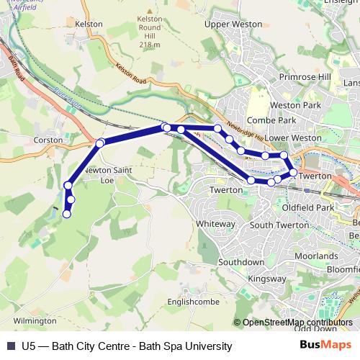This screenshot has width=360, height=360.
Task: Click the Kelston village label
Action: (x=89, y=24)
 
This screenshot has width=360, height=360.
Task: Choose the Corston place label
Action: (x=49, y=140)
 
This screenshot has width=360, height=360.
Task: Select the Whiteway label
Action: (x=215, y=224)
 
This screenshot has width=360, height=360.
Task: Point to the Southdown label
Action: (x=241, y=261)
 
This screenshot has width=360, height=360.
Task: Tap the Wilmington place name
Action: (x=34, y=320)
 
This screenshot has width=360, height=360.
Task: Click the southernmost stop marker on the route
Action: (x=67, y=214)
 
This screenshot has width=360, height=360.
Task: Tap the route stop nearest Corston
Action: (x=100, y=143)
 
